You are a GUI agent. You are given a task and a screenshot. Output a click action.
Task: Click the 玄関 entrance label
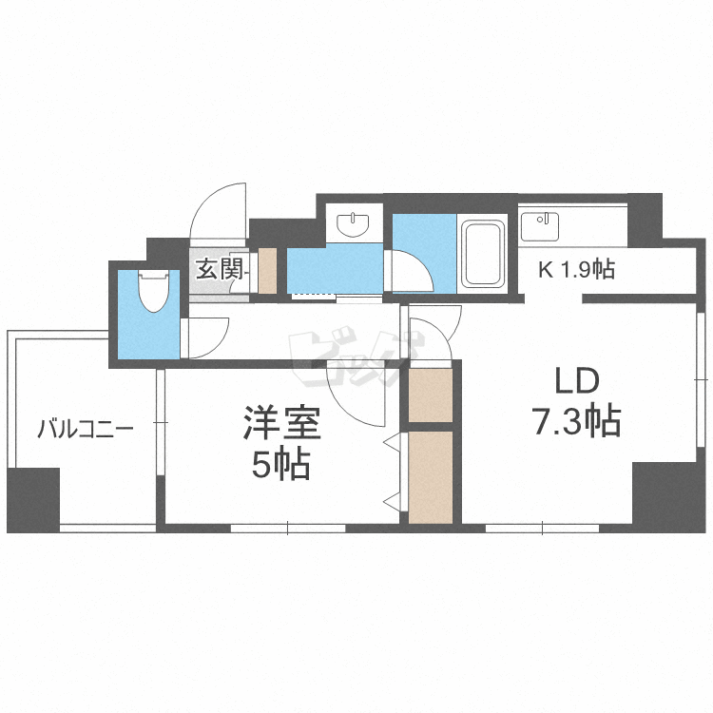(x=221, y=269)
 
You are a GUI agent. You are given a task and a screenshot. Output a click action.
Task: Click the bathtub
(x=482, y=254)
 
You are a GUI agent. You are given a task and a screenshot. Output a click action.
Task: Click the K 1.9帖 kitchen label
(x=576, y=270)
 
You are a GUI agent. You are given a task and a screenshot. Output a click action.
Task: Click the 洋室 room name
(x=282, y=424)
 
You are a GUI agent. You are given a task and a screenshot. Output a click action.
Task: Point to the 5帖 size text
(x=282, y=464)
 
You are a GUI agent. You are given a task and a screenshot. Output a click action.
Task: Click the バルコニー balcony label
(x=86, y=429)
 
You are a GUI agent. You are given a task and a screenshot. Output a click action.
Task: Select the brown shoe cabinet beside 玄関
(x=267, y=270)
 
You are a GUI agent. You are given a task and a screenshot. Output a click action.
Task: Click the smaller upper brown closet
(x=431, y=393)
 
